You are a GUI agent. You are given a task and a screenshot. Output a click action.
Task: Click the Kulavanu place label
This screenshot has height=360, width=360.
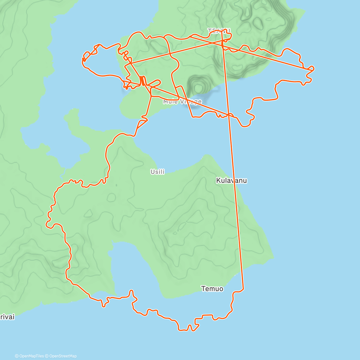pos(231,180)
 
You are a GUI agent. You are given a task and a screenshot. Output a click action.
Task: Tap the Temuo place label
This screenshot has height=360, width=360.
pos(212,289)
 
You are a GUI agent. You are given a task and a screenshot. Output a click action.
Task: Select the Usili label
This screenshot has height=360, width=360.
pos(157,172)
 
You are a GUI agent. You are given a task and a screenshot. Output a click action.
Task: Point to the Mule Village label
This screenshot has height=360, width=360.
pos(182,102)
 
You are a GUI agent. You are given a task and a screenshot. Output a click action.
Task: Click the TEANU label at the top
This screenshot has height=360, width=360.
pos(219,31)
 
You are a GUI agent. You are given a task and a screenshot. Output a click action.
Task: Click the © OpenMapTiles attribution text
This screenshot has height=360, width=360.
pos(31,356)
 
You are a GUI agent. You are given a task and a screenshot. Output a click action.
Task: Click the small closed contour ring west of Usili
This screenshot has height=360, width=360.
pos(111,197)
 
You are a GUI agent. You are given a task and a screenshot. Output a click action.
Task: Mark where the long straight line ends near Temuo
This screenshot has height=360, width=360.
pos(243,289)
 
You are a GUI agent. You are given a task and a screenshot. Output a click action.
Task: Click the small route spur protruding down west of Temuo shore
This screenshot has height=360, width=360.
pos(103,305)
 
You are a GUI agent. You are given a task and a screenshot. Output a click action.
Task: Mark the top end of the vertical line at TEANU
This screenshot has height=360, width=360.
pos(222,31)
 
